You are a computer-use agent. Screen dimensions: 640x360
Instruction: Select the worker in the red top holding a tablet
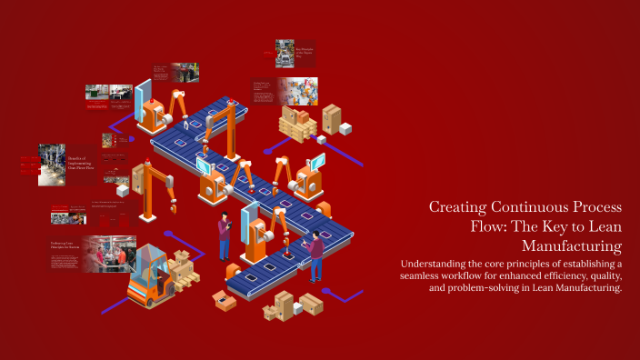click(x=224, y=238)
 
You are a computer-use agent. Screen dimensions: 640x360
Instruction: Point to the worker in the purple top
click(x=315, y=255)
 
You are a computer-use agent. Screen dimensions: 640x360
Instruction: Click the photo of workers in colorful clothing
click(x=297, y=91)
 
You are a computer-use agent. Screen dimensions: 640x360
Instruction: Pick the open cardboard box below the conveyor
click(x=222, y=300)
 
